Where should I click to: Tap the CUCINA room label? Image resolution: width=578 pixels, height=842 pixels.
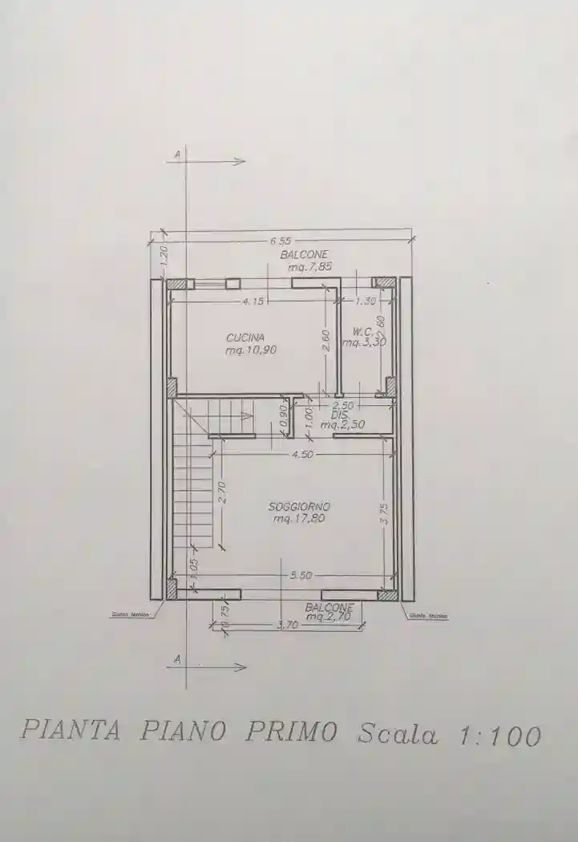(245, 338)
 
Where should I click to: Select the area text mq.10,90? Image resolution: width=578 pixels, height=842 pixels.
(251, 350)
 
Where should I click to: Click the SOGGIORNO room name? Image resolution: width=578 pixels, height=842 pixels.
(299, 507)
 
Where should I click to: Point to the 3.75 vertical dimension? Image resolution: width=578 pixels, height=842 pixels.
(386, 513)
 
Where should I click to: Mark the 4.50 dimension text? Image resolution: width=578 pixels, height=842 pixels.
(301, 455)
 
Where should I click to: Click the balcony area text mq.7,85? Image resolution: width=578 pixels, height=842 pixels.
(304, 265)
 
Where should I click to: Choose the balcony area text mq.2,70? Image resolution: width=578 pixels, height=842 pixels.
(329, 617)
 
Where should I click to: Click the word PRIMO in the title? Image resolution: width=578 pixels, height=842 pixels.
(291, 731)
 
